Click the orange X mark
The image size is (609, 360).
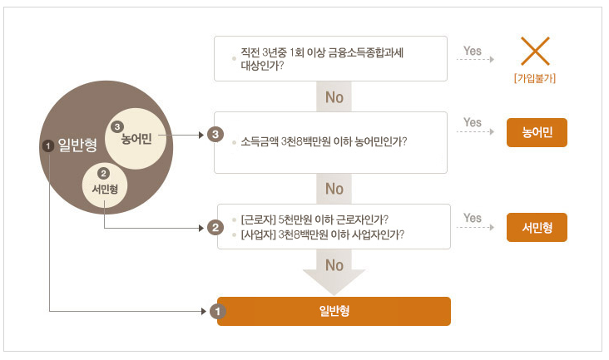point(535,52)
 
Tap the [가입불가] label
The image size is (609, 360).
point(535,79)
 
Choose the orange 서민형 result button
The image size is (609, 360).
point(537,227)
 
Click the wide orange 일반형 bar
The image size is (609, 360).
point(334,311)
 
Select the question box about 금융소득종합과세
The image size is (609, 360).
point(331,58)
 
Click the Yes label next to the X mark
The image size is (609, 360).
point(473,51)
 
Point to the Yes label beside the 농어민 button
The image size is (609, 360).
point(473,123)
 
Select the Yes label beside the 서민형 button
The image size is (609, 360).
point(473,219)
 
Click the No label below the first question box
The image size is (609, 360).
point(334,97)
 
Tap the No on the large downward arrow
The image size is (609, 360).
point(334,265)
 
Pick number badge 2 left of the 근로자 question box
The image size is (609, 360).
point(215,227)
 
